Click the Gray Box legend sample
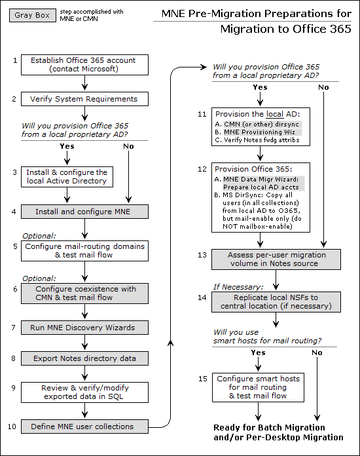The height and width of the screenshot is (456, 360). [x=33, y=16]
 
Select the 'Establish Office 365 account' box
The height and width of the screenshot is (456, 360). [x=84, y=65]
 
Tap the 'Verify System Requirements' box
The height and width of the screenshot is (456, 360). [x=84, y=99]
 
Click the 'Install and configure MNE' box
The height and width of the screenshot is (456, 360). [x=84, y=212]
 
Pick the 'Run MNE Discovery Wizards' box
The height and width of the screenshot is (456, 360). [x=84, y=328]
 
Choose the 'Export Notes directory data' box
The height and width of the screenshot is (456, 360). [x=84, y=358]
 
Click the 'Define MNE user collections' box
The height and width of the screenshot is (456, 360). [x=84, y=427]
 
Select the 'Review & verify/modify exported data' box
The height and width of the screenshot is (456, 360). [x=84, y=392]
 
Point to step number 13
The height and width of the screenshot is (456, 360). [x=202, y=255]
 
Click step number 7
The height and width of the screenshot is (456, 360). [x=13, y=328]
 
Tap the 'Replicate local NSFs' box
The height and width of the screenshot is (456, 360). [x=276, y=302]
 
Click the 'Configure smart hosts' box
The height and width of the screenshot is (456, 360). [x=259, y=387]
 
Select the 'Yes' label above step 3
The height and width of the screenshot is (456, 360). [x=67, y=146]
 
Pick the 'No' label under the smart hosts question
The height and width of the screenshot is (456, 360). [x=317, y=352]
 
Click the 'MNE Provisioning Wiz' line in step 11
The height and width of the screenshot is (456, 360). [x=259, y=132]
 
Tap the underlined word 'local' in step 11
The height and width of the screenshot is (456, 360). [x=275, y=114]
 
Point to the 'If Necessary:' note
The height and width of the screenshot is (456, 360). [x=238, y=288]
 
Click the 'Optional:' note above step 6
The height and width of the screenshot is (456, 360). [x=39, y=278]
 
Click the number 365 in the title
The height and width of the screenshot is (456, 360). [x=340, y=29]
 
